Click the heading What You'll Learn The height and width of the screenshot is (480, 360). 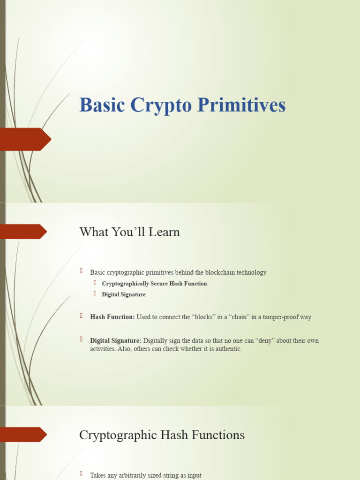pos(129,232)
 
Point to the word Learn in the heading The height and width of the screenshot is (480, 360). pos(165,232)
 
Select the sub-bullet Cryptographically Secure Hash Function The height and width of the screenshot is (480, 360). pos(154,284)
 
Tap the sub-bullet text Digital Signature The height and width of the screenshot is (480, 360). pos(124,294)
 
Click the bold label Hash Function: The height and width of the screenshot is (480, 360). pos(112,317)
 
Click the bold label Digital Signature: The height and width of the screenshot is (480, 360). pos(115,340)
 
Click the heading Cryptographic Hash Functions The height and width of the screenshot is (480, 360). pos(162,435)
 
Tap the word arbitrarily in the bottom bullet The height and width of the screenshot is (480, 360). pos(136,475)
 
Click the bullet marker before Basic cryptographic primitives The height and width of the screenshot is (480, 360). pos(81,271)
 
